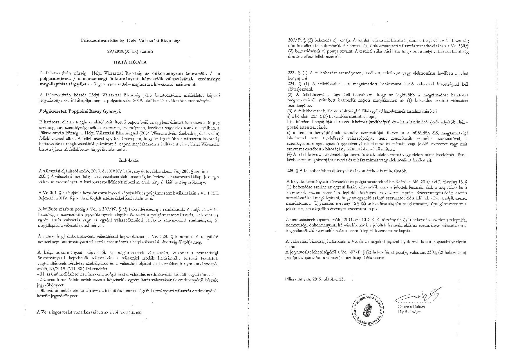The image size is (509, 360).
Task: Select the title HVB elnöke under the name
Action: (x=409, y=312)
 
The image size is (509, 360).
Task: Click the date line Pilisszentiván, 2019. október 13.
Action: (x=315, y=279)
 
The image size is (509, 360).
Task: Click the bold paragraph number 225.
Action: (x=290, y=171)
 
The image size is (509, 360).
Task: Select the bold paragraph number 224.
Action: (x=290, y=84)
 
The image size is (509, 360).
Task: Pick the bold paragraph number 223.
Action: (x=290, y=73)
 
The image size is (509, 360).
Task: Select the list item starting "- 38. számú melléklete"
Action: (x=128, y=291)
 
